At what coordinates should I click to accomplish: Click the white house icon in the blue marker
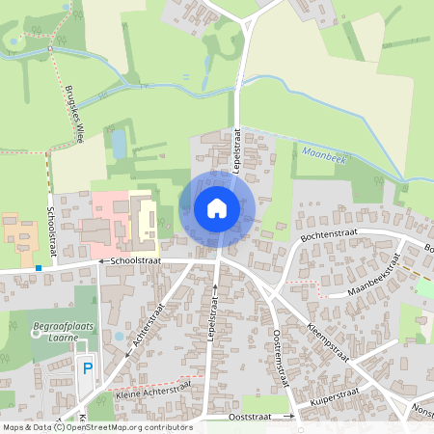216,207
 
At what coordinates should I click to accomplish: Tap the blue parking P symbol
87,367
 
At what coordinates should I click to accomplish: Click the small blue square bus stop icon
38,267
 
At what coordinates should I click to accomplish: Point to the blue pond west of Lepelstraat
119,145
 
